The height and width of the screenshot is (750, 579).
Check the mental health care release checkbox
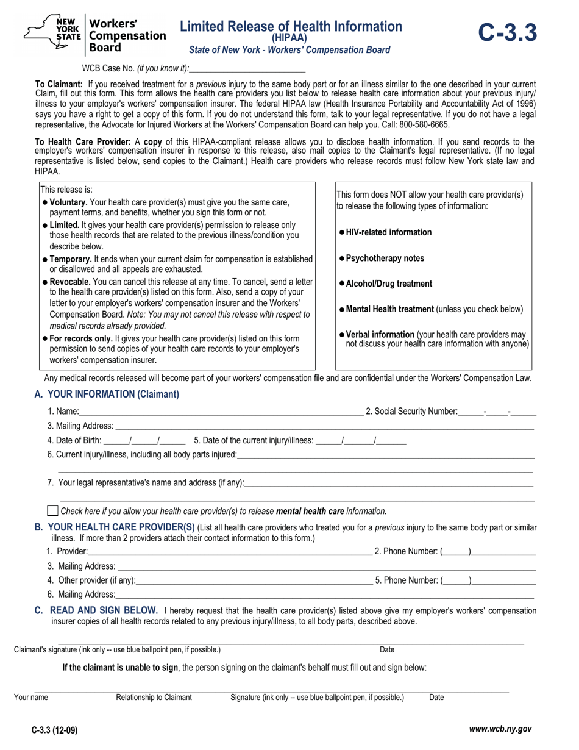coord(53,511)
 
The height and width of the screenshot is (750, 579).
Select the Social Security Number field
coord(497,412)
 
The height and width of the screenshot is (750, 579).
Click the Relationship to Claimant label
coord(154,698)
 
